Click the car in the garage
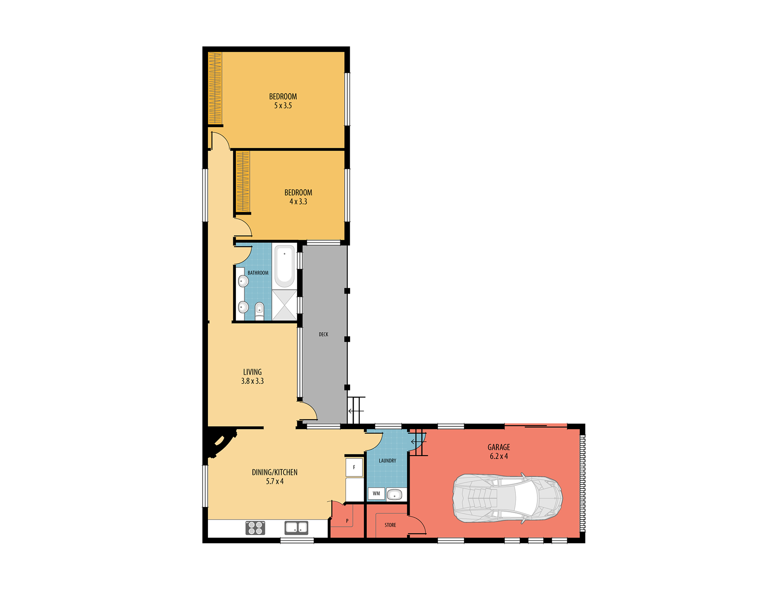(508, 498)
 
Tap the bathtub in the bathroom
(284, 266)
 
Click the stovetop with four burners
(255, 528)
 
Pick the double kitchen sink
(296, 528)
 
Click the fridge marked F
(354, 467)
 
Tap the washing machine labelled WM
(376, 493)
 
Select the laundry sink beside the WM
(394, 494)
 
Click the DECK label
(323, 335)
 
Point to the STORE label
(390, 525)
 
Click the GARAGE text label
(499, 447)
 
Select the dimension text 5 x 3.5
(283, 106)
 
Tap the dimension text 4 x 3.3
(298, 202)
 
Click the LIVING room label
(252, 372)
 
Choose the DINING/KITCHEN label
(275, 472)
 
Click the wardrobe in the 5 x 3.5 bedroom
(215, 88)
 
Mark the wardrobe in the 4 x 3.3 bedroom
(243, 181)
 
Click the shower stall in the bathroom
(284, 305)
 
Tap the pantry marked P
(347, 520)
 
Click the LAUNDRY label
(387, 461)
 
